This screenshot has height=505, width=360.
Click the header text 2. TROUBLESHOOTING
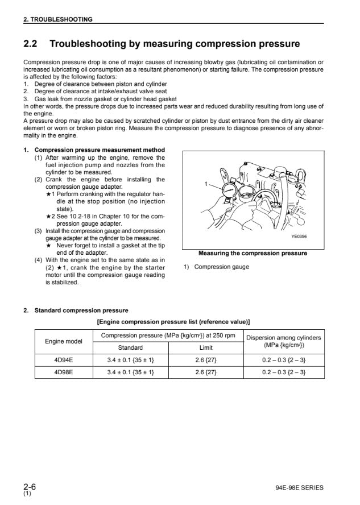[x=57, y=19]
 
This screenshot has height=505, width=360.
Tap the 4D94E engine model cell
[x=63, y=360]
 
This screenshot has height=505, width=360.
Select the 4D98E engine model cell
[x=63, y=372]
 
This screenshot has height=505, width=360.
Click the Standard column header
[x=130, y=347]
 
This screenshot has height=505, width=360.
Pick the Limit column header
[x=206, y=347]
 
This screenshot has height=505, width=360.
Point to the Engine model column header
[x=63, y=341]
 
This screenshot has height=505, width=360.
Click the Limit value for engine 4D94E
[x=206, y=360]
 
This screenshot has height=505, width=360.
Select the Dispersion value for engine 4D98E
[x=284, y=372]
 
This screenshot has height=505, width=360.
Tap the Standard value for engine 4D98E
[x=130, y=372]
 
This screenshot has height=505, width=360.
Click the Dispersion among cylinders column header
[x=284, y=341]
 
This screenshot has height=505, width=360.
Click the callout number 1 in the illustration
[x=205, y=184]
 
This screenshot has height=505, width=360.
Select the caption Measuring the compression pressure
[x=253, y=254]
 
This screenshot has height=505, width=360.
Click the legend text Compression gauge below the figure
[x=221, y=267]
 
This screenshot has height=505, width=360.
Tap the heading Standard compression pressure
[x=81, y=311]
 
